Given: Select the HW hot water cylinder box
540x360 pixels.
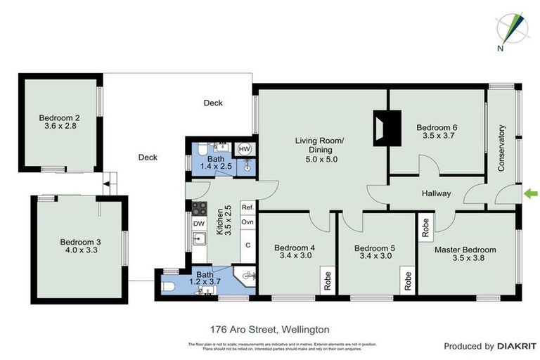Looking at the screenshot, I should click(x=245, y=149).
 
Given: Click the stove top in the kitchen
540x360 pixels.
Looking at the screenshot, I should click(x=199, y=208).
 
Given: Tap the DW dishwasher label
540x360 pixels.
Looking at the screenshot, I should click(x=198, y=224).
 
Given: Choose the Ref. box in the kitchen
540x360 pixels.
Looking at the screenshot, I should click(x=247, y=207).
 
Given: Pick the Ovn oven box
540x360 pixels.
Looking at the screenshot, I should click(x=247, y=222).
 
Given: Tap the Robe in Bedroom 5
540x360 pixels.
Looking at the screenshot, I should click(x=408, y=281).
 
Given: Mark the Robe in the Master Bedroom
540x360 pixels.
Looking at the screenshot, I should click(x=425, y=226).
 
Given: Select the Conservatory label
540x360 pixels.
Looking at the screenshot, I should click(x=502, y=148).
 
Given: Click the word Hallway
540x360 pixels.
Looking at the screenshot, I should click(x=436, y=194).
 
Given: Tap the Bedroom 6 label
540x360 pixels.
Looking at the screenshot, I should click(x=436, y=127).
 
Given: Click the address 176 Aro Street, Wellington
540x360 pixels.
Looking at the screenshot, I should click(x=269, y=328).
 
